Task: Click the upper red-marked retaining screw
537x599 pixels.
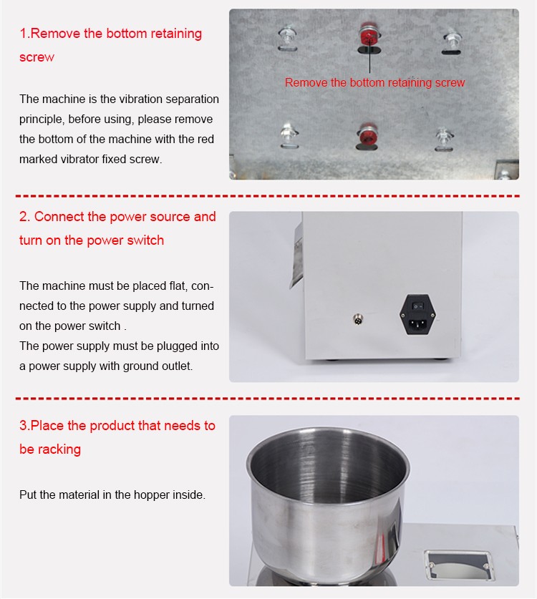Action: click(369, 36)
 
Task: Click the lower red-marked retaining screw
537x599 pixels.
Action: click(368, 134)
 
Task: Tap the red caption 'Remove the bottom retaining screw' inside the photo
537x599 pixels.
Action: click(374, 82)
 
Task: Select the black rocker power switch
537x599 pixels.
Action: click(417, 306)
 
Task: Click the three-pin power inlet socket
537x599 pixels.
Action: click(417, 324)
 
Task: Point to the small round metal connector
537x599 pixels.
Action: click(358, 319)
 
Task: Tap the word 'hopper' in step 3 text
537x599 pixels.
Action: click(151, 495)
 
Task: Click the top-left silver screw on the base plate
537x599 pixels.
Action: click(287, 36)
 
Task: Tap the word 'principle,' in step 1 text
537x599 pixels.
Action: click(42, 120)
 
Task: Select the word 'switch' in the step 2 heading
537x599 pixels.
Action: click(145, 240)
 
